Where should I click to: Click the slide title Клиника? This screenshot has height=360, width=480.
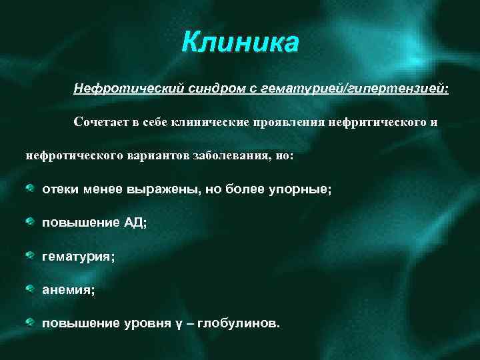tap(241, 44)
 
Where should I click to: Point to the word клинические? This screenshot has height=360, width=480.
tap(207, 122)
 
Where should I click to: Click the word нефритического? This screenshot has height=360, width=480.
tap(369, 122)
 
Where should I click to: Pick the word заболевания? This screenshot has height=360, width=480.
tap(233, 155)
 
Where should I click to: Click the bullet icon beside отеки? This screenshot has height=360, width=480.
tap(30, 189)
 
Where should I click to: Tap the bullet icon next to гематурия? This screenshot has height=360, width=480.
tap(30, 255)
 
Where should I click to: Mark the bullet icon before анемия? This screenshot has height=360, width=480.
tap(30, 289)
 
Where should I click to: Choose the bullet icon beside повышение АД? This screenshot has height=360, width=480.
tap(30, 222)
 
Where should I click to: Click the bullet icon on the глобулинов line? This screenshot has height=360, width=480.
tap(30, 323)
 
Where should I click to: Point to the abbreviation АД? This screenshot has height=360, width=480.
tap(134, 223)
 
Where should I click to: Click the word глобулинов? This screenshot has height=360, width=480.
tap(240, 323)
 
